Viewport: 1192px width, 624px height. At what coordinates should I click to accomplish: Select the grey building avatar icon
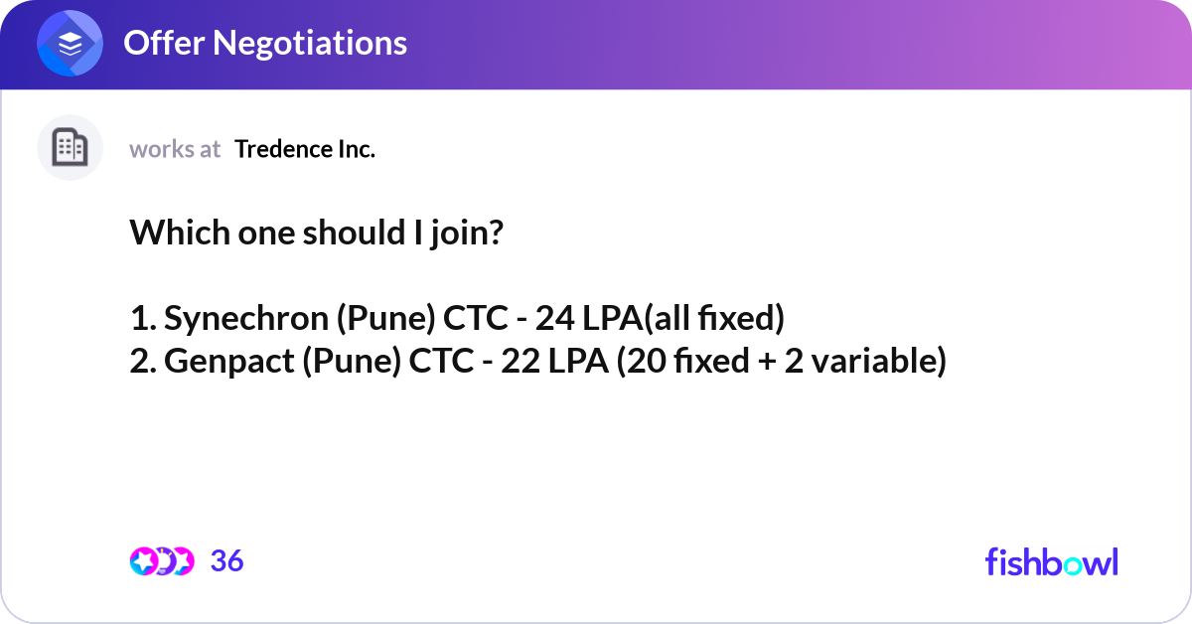[x=70, y=148]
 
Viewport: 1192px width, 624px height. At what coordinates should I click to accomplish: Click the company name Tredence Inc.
[x=305, y=149]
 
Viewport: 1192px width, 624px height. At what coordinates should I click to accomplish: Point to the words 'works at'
[x=175, y=149]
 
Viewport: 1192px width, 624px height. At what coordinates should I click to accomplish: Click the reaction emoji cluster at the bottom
[x=161, y=561]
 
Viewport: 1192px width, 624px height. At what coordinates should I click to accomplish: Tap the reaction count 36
[x=226, y=561]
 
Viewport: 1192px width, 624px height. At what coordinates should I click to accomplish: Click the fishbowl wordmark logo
[x=1051, y=561]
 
